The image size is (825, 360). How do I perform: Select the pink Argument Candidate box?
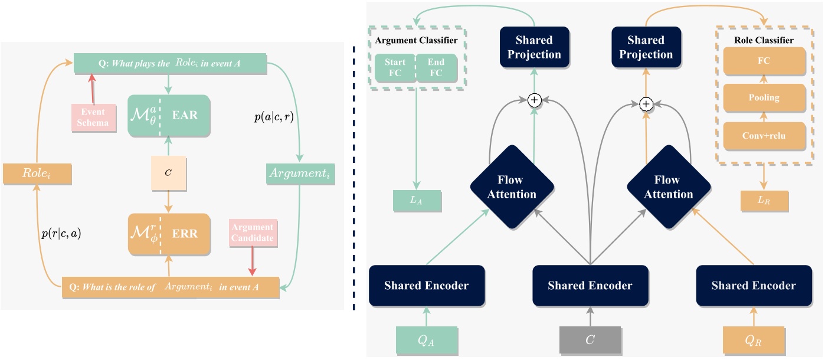[253, 233]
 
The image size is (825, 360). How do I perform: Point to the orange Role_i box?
[37, 174]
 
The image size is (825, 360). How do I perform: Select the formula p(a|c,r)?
[273, 116]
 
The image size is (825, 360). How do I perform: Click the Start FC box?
[395, 68]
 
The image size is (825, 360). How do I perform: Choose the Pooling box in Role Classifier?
[764, 98]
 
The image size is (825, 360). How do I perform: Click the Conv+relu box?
[764, 136]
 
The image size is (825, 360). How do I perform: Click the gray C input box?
[590, 339]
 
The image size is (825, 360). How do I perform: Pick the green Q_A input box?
[426, 339]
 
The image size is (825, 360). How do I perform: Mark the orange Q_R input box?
[754, 339]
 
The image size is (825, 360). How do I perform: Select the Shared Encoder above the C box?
[590, 286]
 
